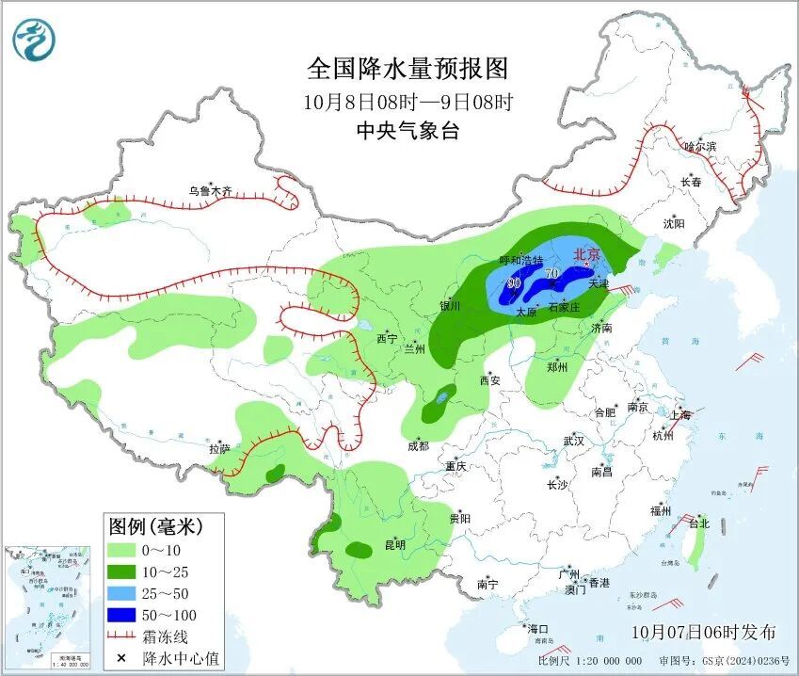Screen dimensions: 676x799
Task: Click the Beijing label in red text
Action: click(x=586, y=253)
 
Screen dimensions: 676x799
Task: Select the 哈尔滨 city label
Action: click(x=699, y=146)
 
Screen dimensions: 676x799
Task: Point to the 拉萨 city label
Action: click(x=218, y=449)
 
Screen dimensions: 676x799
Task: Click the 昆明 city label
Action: click(x=394, y=544)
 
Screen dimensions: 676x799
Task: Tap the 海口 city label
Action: click(x=537, y=628)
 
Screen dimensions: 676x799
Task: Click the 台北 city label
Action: click(x=698, y=523)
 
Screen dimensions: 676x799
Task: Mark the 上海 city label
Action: click(x=679, y=414)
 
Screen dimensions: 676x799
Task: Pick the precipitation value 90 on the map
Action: click(x=514, y=282)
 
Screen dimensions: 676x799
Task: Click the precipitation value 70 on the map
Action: click(x=551, y=274)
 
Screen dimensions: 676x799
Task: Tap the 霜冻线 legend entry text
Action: click(x=164, y=636)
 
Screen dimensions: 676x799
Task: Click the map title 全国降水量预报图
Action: click(x=407, y=69)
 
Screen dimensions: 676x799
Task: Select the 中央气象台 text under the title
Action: click(x=407, y=131)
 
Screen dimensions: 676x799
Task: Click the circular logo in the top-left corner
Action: click(x=34, y=40)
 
